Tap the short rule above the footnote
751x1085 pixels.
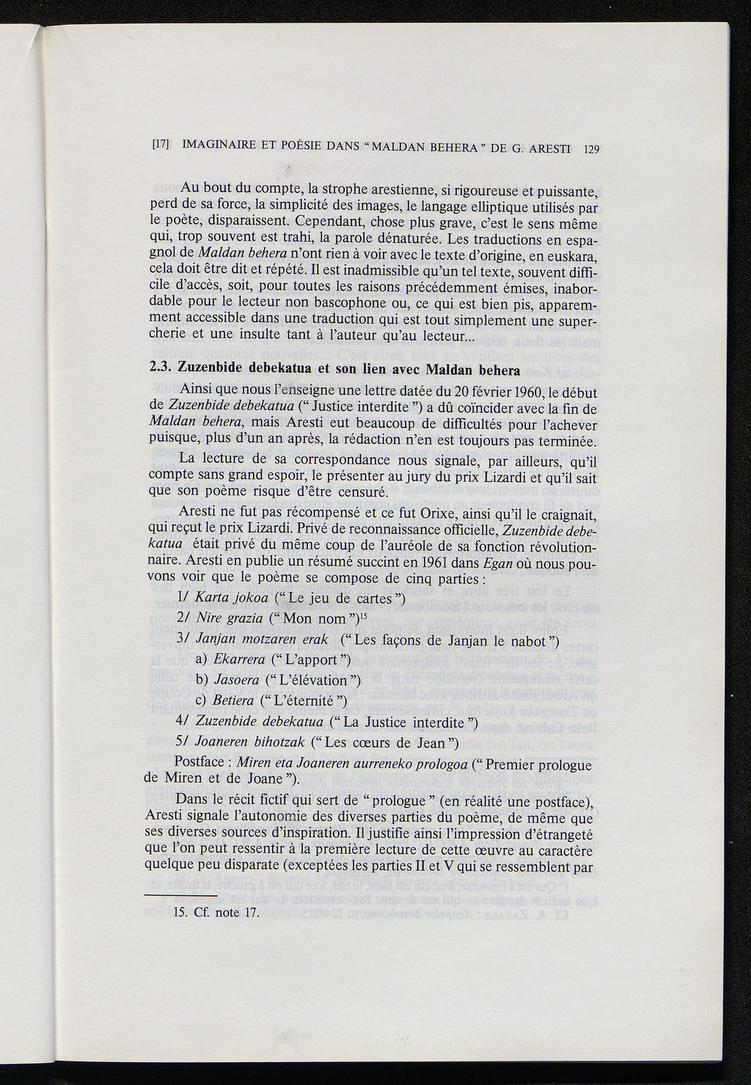(180, 896)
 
